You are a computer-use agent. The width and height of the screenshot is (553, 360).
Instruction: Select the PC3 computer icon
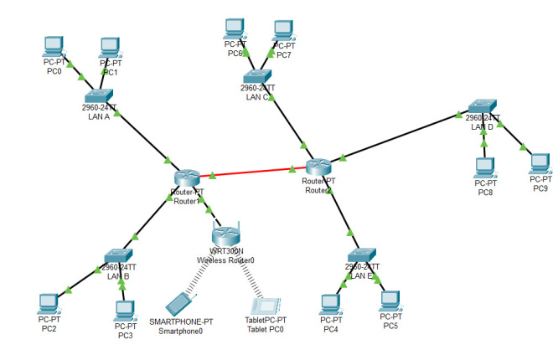(x=125, y=310)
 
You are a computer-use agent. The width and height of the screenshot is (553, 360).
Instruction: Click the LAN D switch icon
(x=483, y=109)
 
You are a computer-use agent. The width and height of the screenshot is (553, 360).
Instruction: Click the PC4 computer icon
(x=332, y=304)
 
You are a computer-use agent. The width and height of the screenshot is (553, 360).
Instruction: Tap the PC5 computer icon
(x=390, y=300)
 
